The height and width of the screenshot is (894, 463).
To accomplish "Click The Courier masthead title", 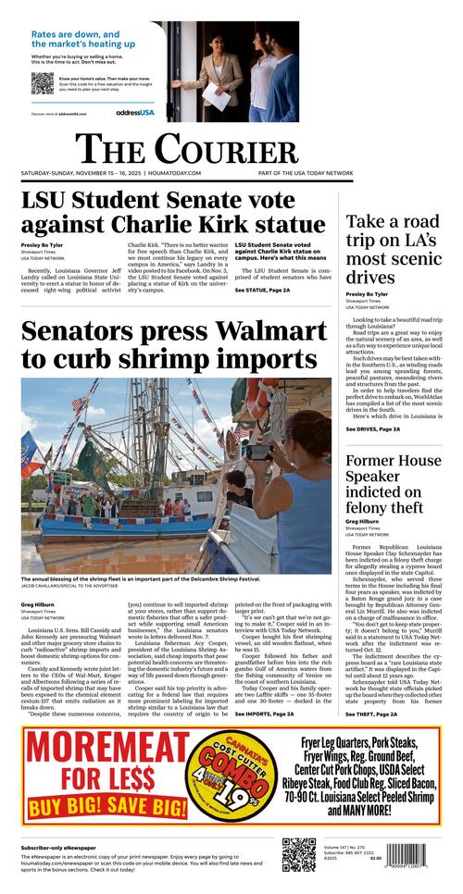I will pyautogui.click(x=186, y=149).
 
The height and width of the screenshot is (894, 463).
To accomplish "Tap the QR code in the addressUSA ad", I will pyautogui.click(x=42, y=82).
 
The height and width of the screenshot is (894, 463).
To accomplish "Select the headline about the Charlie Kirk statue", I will pyautogui.click(x=173, y=212).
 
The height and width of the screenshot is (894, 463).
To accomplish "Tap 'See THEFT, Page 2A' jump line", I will pyautogui.click(x=372, y=714).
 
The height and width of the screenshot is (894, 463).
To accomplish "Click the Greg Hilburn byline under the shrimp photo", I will pyautogui.click(x=38, y=604).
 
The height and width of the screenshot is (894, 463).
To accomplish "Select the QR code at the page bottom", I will pyautogui.click(x=299, y=856).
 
